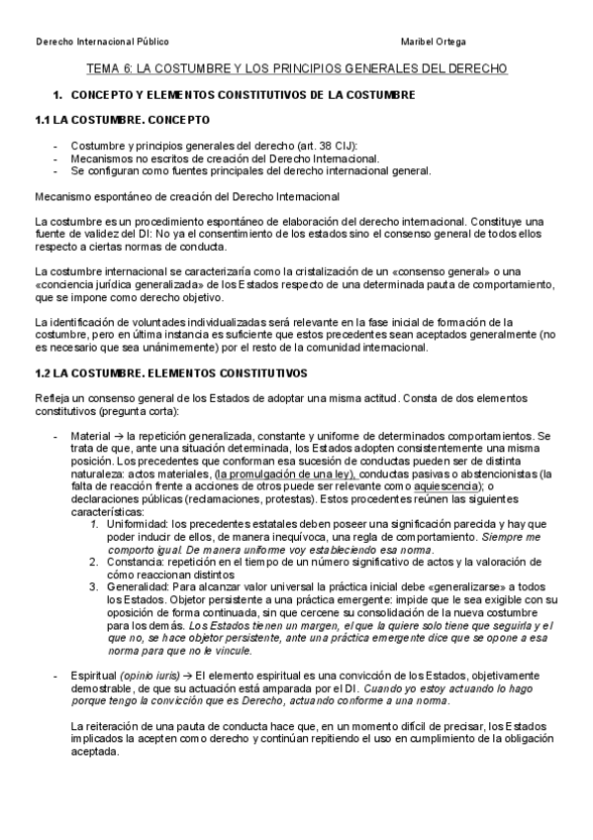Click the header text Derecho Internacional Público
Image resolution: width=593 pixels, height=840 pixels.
102,42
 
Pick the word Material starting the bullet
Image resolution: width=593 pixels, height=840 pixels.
91,436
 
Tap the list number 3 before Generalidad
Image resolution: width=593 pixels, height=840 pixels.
94,585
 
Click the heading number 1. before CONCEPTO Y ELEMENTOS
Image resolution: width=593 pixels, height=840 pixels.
57,94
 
